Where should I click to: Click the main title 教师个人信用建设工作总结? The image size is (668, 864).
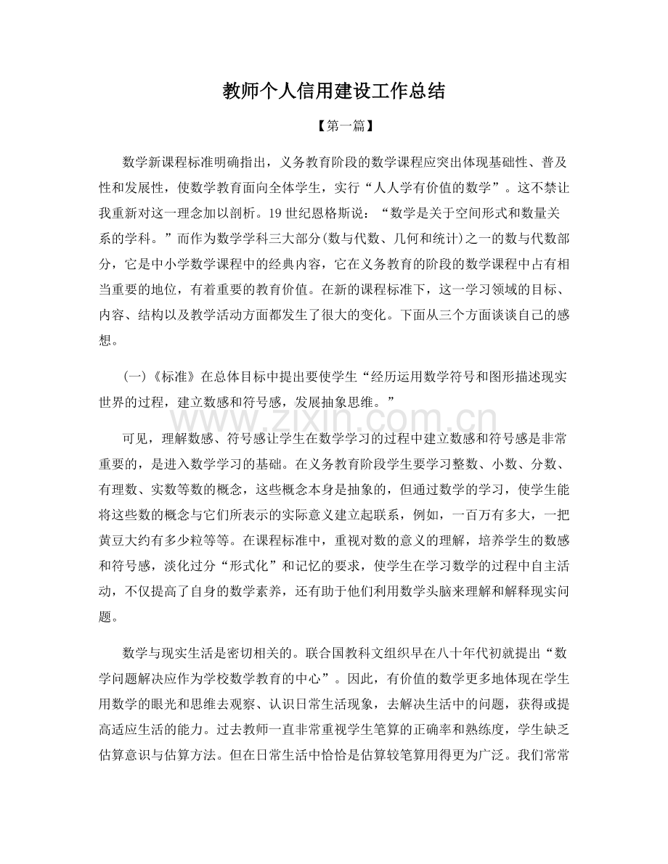(333, 92)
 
